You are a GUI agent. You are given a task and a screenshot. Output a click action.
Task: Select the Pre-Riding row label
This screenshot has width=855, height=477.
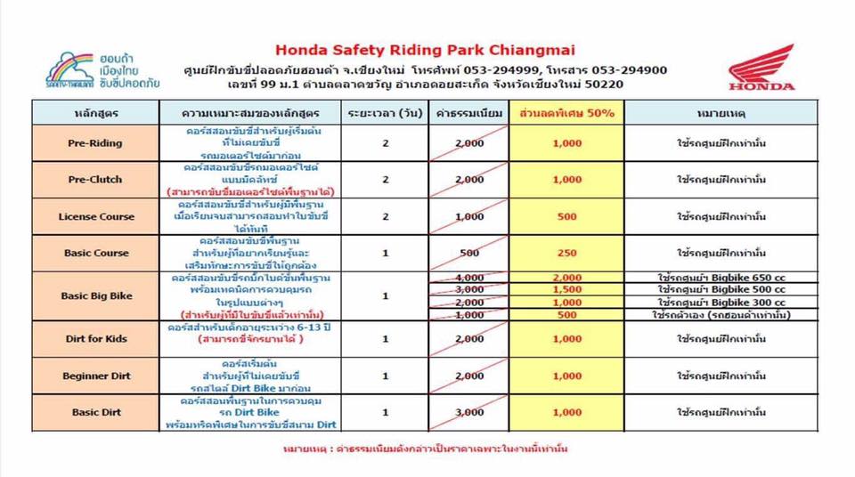tap(94, 142)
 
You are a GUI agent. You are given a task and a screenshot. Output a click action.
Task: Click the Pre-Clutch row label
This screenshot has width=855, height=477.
tap(94, 180)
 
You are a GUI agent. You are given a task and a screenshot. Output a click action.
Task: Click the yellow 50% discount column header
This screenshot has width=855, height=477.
tap(567, 114)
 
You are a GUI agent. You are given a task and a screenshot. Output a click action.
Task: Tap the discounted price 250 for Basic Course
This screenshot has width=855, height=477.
tap(566, 253)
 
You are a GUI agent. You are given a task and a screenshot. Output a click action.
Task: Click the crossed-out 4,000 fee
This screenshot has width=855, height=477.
tap(469, 277)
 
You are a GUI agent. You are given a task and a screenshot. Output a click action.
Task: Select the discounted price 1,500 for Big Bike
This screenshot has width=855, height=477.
tap(566, 289)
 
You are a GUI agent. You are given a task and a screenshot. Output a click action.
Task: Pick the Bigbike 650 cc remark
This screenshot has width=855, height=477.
tap(709, 277)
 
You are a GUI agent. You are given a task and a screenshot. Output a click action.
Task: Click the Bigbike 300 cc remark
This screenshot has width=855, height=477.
tap(709, 302)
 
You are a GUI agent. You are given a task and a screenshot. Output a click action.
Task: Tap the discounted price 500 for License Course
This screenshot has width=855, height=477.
tap(566, 216)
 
